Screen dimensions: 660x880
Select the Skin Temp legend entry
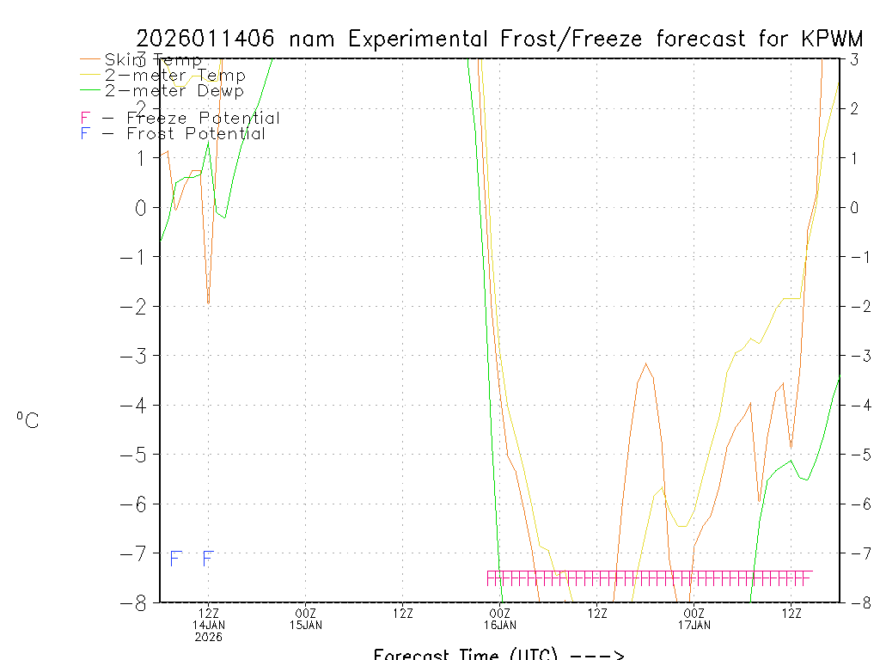coord(153,60)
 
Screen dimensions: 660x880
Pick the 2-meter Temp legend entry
coord(174,76)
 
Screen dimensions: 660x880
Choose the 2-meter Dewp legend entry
coord(174,91)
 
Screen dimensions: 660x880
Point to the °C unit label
coord(27,421)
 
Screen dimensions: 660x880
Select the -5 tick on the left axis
coord(137,455)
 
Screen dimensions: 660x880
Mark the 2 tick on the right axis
coord(854,108)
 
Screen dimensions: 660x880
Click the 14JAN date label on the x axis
coord(208,625)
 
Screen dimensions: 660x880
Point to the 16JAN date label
coord(500,625)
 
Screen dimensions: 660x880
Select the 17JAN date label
coord(694,625)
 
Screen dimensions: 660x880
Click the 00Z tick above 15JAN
coord(306,614)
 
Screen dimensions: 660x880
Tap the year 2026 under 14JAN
coord(208,637)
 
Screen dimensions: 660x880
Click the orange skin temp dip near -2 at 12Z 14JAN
coord(208,300)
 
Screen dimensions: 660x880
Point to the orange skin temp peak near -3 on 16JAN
coord(646,364)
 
